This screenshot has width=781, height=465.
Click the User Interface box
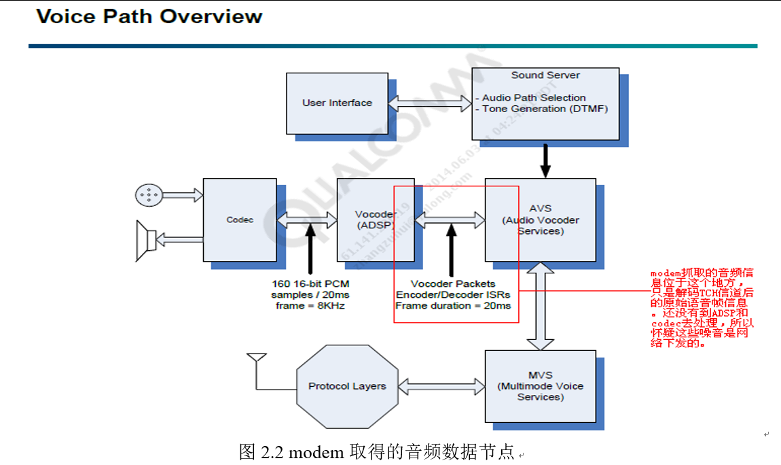coord(337,103)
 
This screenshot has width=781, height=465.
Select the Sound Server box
coord(545,103)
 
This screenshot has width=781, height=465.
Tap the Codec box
coord(240,220)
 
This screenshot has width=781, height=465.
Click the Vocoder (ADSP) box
coord(375,220)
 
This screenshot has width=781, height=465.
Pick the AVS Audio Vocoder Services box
coord(540,220)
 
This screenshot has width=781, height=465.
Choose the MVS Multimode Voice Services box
coord(540,385)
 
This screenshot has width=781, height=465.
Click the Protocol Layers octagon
coord(347,386)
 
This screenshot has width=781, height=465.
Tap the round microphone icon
coord(147,195)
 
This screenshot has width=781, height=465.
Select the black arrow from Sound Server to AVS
coord(545,160)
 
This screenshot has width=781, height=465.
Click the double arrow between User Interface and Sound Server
coord(430,103)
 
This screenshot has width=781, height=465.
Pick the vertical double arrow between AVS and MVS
coord(540,306)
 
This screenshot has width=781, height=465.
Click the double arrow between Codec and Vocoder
coord(307,220)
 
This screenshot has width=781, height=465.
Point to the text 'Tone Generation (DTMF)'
coord(545,109)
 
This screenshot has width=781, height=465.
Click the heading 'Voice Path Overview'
coord(149,16)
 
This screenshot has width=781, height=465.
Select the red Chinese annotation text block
coord(702,308)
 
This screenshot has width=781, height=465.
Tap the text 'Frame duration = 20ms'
coord(453,306)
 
